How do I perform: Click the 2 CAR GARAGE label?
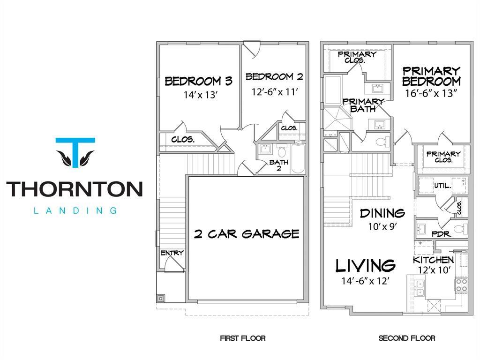[x=247, y=234]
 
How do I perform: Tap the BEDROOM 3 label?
[x=199, y=81]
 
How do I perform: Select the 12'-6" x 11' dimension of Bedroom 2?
[x=275, y=91]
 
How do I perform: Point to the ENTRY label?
[x=172, y=253]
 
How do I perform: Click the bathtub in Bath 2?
[x=298, y=158]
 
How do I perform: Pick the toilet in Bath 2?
[x=282, y=151]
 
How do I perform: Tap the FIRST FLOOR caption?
[x=243, y=338]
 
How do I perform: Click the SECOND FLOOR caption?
[x=407, y=338]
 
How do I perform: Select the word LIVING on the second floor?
[x=365, y=265]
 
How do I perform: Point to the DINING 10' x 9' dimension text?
[x=382, y=226]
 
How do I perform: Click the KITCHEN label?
[x=433, y=260]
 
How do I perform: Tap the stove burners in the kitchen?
[x=461, y=285]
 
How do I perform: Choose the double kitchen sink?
[x=420, y=288]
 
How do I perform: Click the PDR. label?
[x=442, y=234]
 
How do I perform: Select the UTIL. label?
[x=442, y=186]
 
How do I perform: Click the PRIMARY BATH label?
[x=363, y=105]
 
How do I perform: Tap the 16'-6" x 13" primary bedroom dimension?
[x=431, y=93]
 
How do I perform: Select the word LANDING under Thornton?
[x=75, y=210]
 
